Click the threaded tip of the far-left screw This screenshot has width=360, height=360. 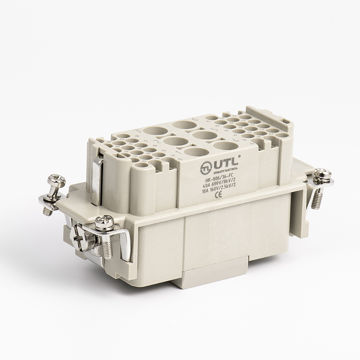pos(47,210)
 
